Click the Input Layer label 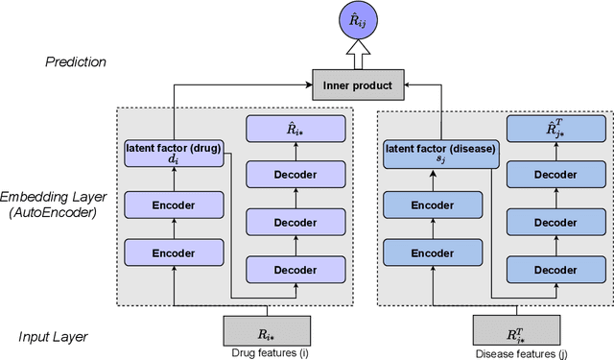pos(56,336)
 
